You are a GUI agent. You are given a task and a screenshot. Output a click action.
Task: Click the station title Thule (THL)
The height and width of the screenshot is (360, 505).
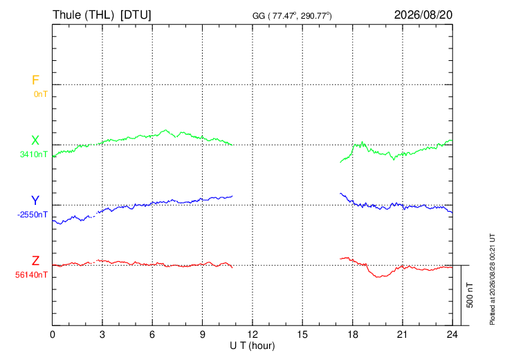tap(84, 15)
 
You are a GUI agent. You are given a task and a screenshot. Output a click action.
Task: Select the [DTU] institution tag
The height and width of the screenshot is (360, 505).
tap(136, 15)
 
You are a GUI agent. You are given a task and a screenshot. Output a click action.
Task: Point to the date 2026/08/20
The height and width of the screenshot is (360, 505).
tap(423, 15)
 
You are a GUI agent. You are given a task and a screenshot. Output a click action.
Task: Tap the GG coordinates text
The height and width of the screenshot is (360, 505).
tap(292, 16)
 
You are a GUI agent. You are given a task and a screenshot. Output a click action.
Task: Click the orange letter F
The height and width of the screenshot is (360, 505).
tap(35, 80)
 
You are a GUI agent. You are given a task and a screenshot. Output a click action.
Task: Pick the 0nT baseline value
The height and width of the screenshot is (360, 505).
tap(41, 94)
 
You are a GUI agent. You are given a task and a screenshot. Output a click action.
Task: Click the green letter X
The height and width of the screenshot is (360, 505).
tap(35, 141)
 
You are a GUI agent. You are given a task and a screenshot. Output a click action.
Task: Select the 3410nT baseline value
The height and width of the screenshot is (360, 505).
tap(33, 154)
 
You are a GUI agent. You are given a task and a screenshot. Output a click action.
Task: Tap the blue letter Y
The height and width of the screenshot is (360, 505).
tap(35, 201)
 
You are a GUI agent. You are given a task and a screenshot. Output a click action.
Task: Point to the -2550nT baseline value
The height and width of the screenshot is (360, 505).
tap(33, 215)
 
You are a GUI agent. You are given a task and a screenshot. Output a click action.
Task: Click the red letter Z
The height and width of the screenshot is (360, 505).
tap(35, 261)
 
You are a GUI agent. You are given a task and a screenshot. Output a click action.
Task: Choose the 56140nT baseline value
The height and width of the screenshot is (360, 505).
tap(31, 275)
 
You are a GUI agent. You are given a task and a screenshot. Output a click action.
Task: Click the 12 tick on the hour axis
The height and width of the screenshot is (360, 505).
tap(252, 335)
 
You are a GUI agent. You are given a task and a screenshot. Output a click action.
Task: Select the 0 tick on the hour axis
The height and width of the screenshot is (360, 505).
tap(52, 335)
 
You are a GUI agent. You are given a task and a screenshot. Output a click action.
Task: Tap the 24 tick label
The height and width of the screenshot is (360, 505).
tap(452, 335)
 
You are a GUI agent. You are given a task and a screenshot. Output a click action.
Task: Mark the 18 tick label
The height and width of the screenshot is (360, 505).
tap(353, 335)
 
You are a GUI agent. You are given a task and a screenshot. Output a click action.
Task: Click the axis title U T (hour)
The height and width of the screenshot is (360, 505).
tap(252, 346)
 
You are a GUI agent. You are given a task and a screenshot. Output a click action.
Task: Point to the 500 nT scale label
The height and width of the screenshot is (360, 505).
tap(470, 295)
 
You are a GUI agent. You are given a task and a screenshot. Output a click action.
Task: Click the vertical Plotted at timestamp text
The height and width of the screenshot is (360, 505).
tap(493, 279)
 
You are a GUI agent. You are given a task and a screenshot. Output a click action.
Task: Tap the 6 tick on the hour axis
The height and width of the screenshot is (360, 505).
tap(152, 335)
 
